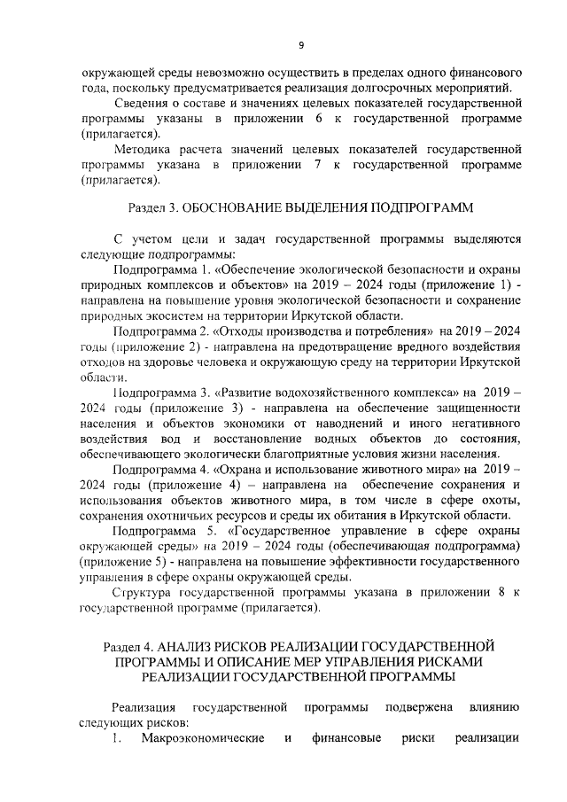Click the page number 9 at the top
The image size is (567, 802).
301,45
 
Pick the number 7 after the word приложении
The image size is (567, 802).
317,166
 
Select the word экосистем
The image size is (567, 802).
176,315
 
